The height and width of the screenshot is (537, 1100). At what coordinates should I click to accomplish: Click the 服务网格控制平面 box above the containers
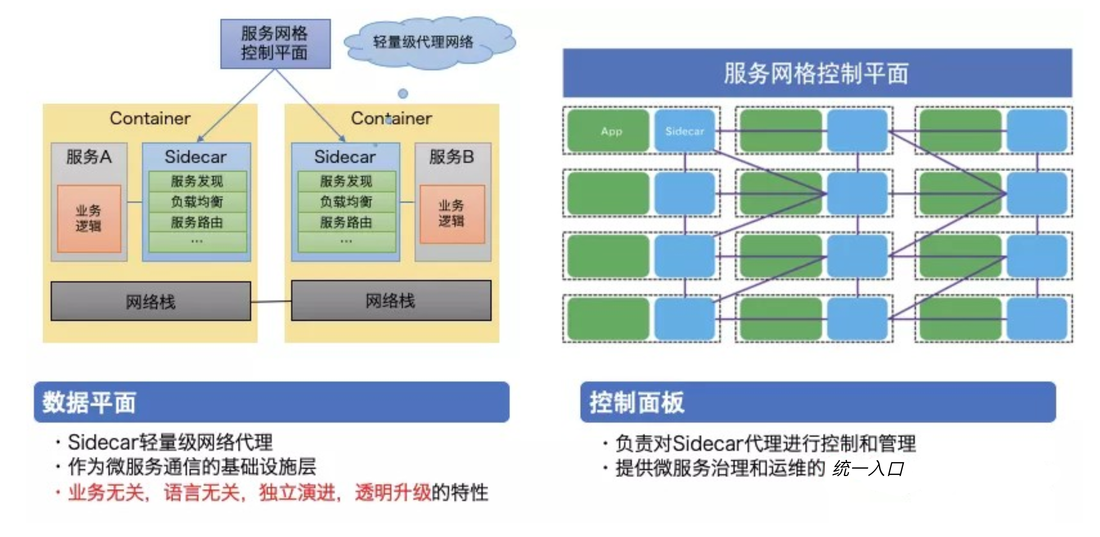click(x=275, y=44)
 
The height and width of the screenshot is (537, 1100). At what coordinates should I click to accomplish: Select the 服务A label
click(x=89, y=157)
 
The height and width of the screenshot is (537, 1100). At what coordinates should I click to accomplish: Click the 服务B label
click(x=452, y=157)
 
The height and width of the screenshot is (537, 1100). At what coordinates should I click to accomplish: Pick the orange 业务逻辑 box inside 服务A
click(x=89, y=219)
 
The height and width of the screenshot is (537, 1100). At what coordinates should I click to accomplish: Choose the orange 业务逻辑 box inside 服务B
click(x=452, y=214)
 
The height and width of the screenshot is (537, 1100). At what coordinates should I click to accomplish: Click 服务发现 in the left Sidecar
click(x=197, y=181)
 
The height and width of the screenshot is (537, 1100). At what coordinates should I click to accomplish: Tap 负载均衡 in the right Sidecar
click(x=346, y=202)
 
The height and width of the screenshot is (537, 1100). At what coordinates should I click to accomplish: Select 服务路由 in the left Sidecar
click(x=197, y=222)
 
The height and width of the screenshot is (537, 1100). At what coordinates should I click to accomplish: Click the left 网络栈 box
click(x=150, y=301)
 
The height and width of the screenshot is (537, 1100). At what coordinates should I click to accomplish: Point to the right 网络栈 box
click(x=391, y=300)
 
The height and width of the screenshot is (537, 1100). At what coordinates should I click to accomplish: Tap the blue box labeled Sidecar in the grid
click(x=684, y=131)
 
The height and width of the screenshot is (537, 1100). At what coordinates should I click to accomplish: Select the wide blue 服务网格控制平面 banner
click(x=816, y=73)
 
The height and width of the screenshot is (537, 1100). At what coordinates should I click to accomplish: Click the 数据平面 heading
click(x=89, y=402)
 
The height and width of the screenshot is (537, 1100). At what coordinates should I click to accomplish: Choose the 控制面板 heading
click(x=637, y=402)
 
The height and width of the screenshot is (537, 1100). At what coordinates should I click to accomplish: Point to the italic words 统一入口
click(x=868, y=469)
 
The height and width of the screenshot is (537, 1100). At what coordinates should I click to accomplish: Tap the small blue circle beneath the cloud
click(x=403, y=93)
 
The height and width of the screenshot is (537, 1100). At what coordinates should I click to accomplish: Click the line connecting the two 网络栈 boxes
click(x=271, y=302)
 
